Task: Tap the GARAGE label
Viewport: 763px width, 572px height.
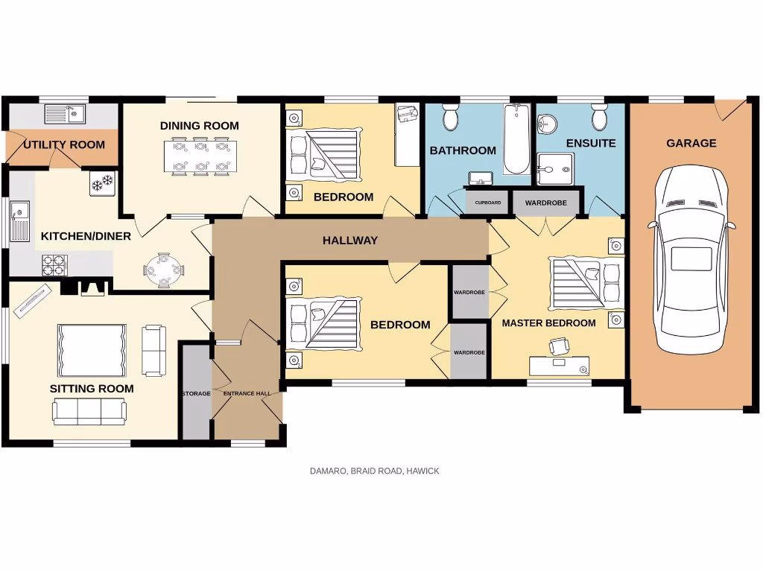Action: pyautogui.click(x=691, y=143)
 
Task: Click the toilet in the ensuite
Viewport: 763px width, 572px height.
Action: pyautogui.click(x=599, y=118)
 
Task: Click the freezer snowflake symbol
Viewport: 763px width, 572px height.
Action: pyautogui.click(x=102, y=182)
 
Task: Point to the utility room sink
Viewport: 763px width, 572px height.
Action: pyautogui.click(x=65, y=114)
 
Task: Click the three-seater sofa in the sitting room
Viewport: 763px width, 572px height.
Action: pyautogui.click(x=89, y=411)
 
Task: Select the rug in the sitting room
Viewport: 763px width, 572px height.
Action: pyautogui.click(x=92, y=350)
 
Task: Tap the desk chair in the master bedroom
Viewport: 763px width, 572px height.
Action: pyautogui.click(x=559, y=346)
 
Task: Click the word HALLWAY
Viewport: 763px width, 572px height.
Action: pyautogui.click(x=349, y=241)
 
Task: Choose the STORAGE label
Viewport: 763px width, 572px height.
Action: pyautogui.click(x=196, y=393)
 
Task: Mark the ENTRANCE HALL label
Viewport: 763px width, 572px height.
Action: pyautogui.click(x=247, y=393)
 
